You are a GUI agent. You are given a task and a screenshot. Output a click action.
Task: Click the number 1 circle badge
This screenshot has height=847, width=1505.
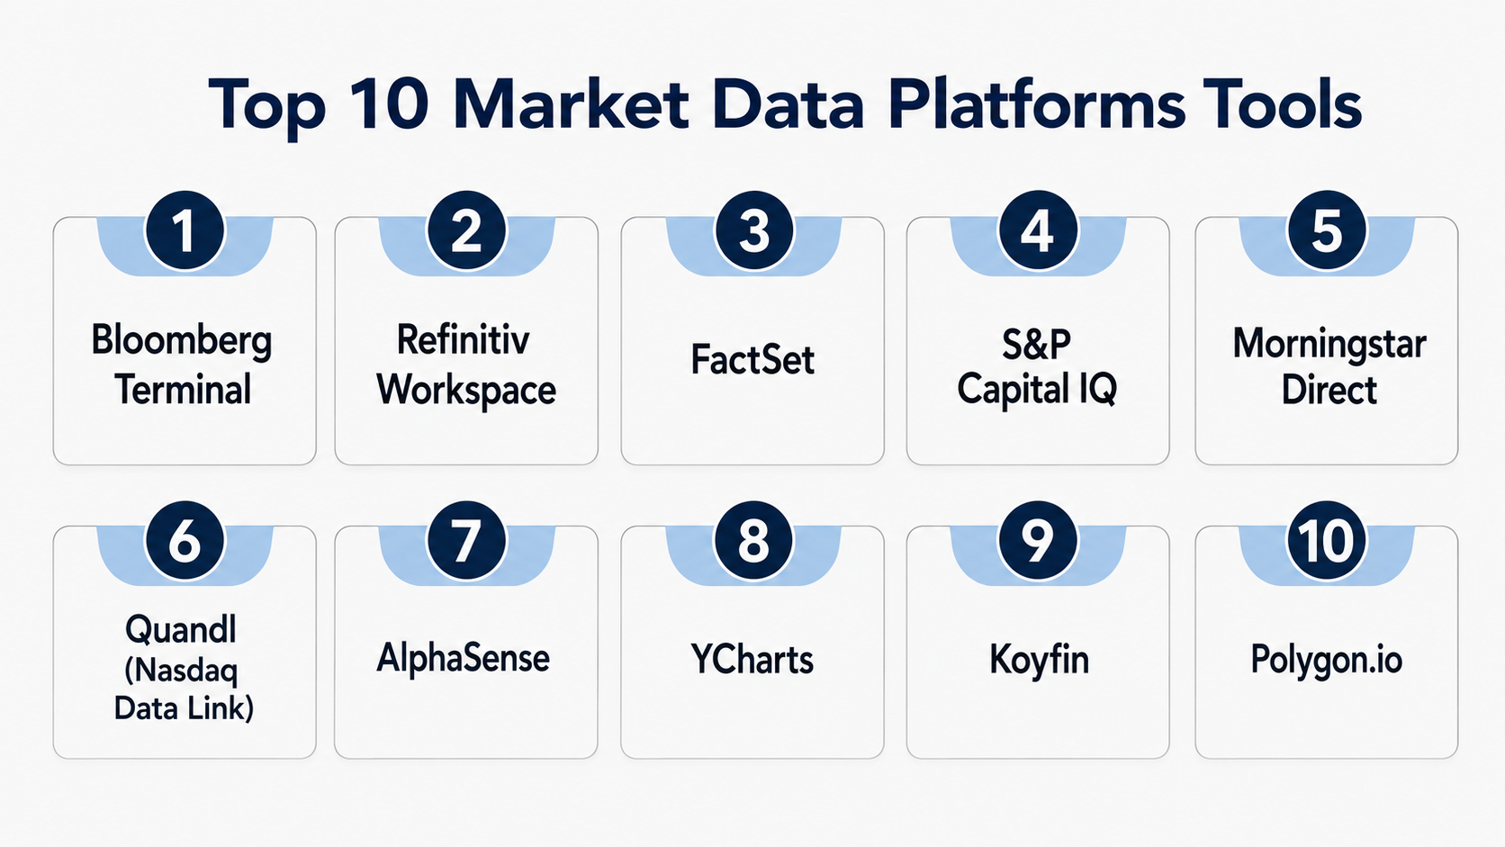tap(185, 230)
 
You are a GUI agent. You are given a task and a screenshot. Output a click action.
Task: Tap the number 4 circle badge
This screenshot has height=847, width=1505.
tap(1038, 230)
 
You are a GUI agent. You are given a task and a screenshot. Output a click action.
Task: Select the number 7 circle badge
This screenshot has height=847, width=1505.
tap(466, 540)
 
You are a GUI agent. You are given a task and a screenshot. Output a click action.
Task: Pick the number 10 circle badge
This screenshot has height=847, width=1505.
tap(1326, 540)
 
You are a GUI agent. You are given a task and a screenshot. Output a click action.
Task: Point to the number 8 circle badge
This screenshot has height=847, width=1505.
tap(753, 540)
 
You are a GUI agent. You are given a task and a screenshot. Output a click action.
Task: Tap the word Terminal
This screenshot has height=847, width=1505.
tap(183, 390)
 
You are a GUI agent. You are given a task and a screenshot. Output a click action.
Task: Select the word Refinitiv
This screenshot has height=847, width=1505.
tap(463, 339)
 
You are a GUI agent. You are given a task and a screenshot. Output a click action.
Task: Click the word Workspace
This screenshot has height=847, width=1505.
tap(466, 391)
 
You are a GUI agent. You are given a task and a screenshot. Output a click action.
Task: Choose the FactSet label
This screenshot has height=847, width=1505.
tap(752, 359)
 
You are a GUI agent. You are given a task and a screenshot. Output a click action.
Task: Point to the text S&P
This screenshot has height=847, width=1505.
tap(1037, 344)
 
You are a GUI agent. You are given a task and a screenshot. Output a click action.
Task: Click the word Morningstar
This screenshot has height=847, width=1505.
tap(1329, 345)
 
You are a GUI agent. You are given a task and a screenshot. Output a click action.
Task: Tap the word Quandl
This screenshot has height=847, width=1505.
tap(181, 629)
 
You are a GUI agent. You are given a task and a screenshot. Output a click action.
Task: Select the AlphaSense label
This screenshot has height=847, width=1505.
tap(463, 657)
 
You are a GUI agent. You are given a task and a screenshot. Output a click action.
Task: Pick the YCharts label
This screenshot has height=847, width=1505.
tap(752, 659)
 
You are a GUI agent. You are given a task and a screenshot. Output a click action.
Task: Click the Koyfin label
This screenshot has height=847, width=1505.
tap(1039, 660)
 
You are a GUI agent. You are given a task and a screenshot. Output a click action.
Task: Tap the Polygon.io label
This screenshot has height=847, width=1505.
tap(1326, 660)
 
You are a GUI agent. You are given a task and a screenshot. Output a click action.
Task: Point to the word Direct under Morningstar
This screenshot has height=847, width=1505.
tap(1329, 390)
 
